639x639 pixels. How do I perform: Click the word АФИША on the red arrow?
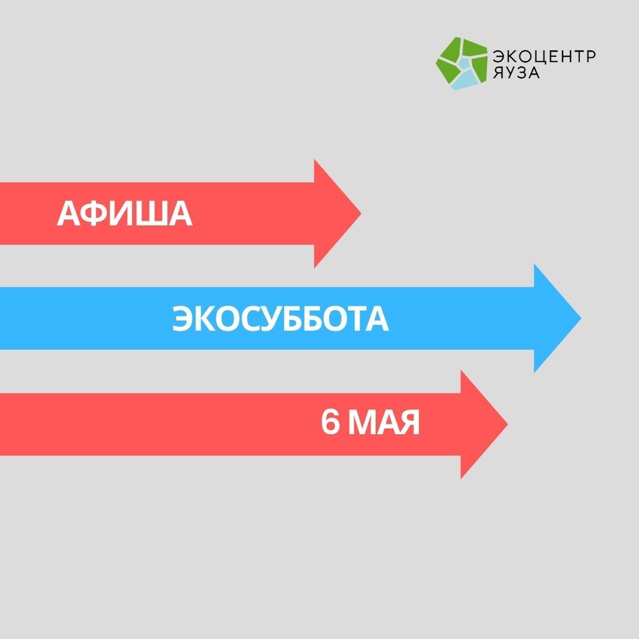124,213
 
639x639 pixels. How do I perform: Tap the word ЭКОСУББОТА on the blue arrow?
280,319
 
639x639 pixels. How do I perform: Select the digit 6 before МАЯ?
330,422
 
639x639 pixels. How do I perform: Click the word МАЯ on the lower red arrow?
383,422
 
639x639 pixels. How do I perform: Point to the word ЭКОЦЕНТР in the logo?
544,56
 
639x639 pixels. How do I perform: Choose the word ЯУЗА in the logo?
516,72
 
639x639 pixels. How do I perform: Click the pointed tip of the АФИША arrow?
361,213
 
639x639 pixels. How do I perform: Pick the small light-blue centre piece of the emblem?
463,63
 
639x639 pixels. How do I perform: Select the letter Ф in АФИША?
92,213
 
